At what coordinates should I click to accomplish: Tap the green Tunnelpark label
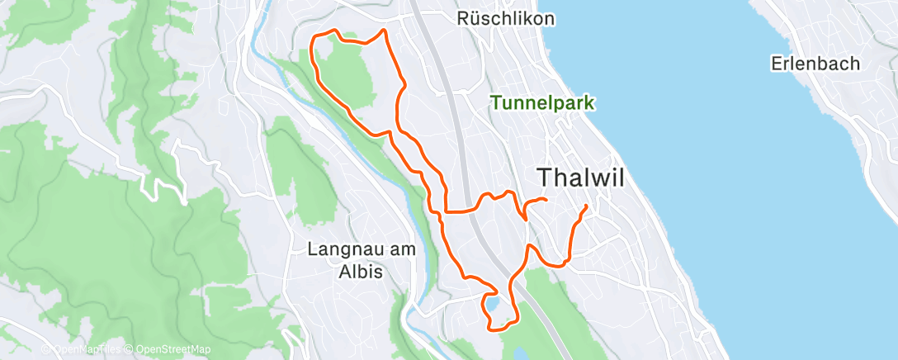[543, 103]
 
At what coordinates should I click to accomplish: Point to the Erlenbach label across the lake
[815, 64]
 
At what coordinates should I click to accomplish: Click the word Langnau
[339, 249]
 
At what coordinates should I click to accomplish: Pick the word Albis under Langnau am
[361, 272]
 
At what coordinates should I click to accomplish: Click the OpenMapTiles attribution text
[85, 350]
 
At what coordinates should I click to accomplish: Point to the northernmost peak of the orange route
[383, 31]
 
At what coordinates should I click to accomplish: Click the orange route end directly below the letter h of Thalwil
[546, 200]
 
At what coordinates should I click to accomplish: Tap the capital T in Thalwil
[546, 177]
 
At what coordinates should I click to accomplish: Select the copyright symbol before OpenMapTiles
[46, 350]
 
